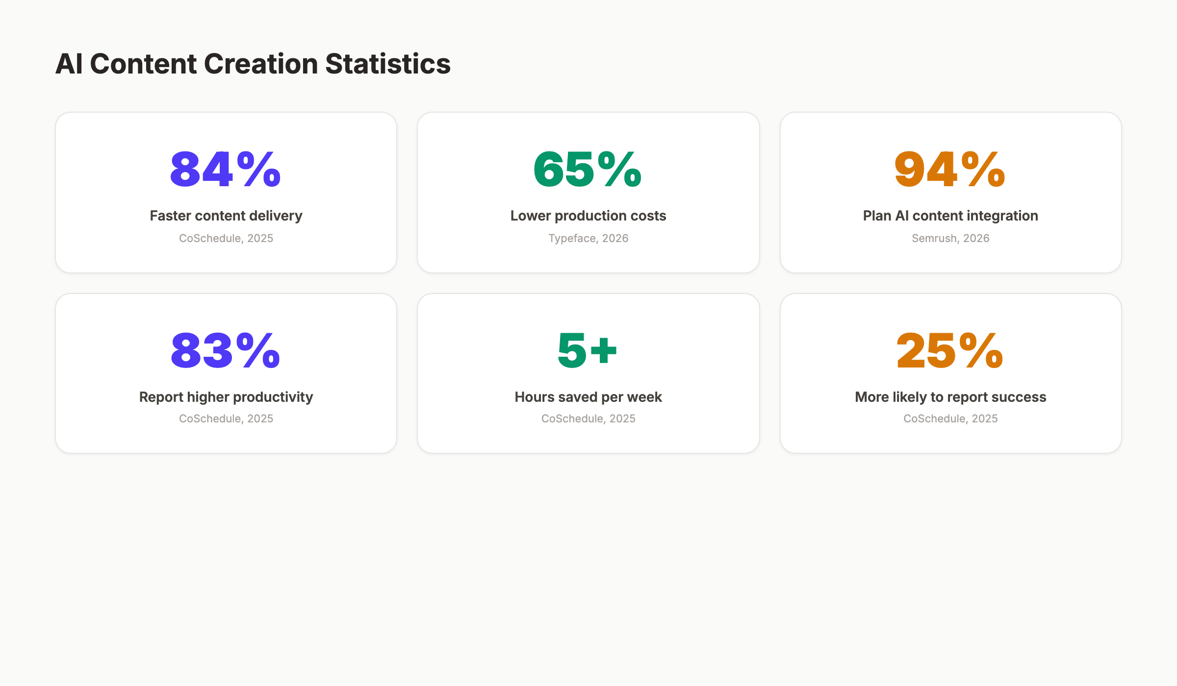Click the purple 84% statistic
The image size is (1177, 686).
pyautogui.click(x=226, y=169)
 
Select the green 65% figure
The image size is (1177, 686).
pyautogui.click(x=588, y=169)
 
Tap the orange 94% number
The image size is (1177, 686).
pyautogui.click(x=950, y=169)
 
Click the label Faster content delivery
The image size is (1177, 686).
pyautogui.click(x=226, y=216)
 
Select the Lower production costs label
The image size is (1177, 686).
pyautogui.click(x=588, y=216)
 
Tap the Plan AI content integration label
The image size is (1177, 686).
pyautogui.click(x=950, y=216)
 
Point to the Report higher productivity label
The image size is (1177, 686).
pyautogui.click(x=226, y=397)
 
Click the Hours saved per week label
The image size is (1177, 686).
pyautogui.click(x=588, y=397)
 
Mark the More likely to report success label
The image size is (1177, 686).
pyautogui.click(x=950, y=397)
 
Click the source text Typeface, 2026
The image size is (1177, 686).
pyautogui.click(x=588, y=238)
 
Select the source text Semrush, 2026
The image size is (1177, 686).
pyautogui.click(x=950, y=238)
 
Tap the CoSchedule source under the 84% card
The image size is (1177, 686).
pyautogui.click(x=226, y=238)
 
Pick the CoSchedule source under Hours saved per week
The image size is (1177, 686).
pyautogui.click(x=588, y=418)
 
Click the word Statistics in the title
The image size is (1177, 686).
pyautogui.click(x=387, y=64)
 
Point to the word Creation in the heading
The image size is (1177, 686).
pyautogui.click(x=260, y=64)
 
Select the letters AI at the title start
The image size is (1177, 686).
pyautogui.click(x=69, y=64)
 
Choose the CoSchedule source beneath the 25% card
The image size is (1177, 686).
pyautogui.click(x=950, y=418)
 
